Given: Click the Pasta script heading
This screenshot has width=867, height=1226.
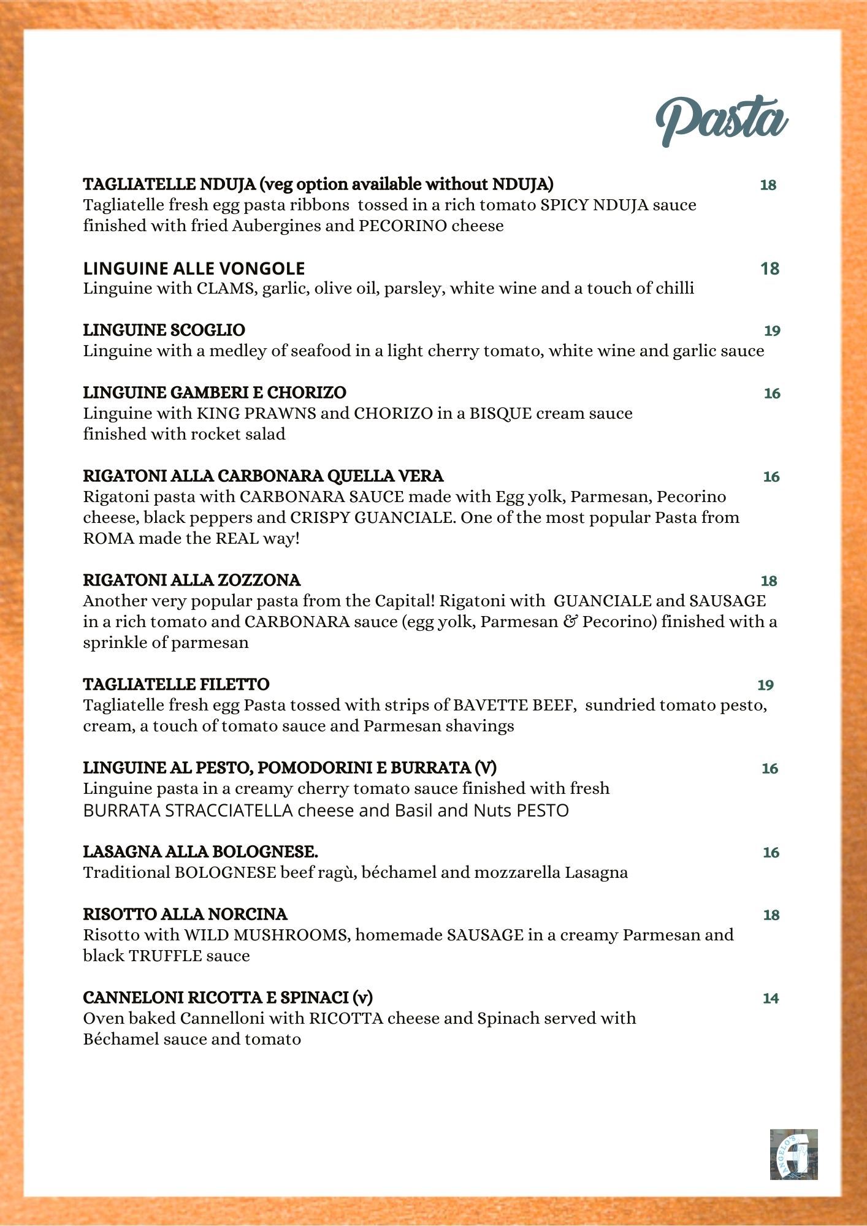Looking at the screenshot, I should (722, 121).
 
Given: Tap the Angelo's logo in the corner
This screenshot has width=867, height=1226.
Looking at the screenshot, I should (794, 1154).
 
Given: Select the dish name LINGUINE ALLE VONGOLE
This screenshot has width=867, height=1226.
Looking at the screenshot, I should (194, 268).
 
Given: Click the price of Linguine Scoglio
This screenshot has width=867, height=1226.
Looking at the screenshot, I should (772, 331).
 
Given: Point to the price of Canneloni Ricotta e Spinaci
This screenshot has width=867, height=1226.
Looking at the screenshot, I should (771, 999).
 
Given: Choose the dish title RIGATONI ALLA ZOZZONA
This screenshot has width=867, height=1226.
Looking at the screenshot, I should (192, 580).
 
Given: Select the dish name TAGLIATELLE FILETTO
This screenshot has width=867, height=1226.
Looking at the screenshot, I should (176, 684).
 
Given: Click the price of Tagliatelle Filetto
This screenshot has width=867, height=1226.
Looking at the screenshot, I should (766, 685).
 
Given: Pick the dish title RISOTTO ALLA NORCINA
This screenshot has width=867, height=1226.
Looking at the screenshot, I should (185, 915).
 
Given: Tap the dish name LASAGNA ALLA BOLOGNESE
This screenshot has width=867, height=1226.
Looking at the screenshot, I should (201, 852).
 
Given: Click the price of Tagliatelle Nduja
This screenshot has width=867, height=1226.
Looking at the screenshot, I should (768, 185).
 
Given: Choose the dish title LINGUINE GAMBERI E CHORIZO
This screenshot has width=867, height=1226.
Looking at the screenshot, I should (215, 392).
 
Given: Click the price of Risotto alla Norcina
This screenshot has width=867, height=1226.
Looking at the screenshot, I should (771, 915).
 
